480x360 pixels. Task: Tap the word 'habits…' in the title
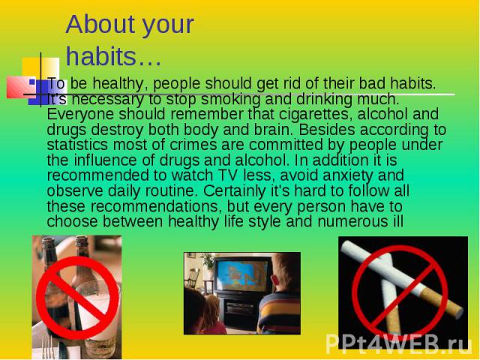click(113, 56)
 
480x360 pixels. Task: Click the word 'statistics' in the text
click(77, 145)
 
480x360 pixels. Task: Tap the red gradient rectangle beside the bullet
click(19, 87)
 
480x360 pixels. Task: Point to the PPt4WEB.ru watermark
click(398, 344)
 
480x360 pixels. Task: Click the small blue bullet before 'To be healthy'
click(31, 82)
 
